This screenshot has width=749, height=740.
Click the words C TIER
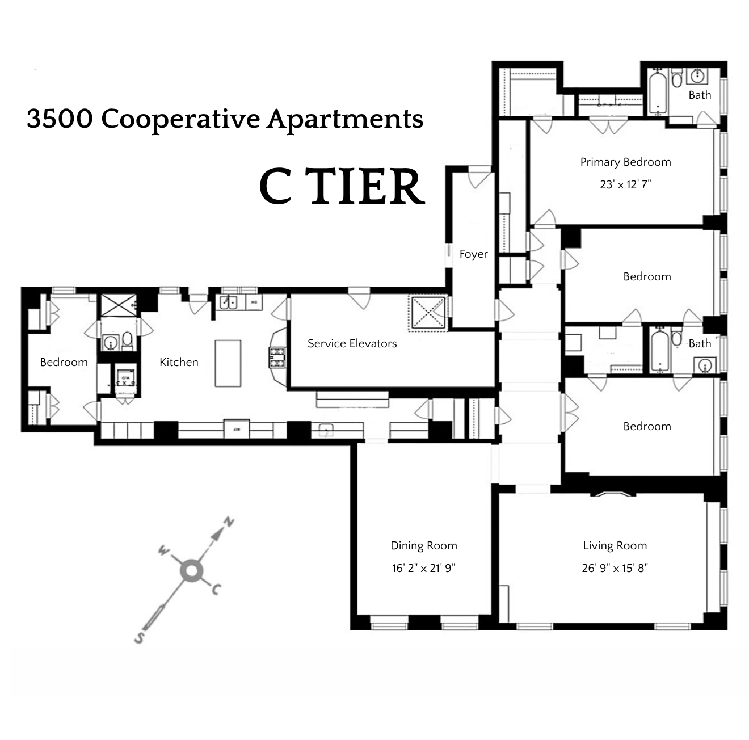click(x=342, y=187)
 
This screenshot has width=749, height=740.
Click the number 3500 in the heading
click(x=60, y=119)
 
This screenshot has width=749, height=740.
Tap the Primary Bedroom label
click(x=625, y=162)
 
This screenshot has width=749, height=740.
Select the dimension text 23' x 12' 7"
click(x=625, y=184)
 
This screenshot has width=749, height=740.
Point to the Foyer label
click(x=473, y=254)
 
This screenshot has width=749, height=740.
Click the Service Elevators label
click(x=352, y=343)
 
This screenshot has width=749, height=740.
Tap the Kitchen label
click(x=179, y=362)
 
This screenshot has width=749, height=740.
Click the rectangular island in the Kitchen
click(x=228, y=363)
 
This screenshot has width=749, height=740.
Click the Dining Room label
click(x=423, y=545)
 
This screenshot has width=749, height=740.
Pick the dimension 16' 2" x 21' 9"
click(x=423, y=568)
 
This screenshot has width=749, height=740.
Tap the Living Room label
click(x=615, y=545)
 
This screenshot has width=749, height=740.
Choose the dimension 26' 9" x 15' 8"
click(x=615, y=568)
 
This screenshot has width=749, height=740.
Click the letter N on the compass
click(x=228, y=522)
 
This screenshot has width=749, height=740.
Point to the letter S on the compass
click(x=138, y=638)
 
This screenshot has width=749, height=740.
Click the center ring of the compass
click(x=191, y=571)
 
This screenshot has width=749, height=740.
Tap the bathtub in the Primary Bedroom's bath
click(x=658, y=93)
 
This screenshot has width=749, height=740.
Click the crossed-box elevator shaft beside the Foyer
click(x=428, y=313)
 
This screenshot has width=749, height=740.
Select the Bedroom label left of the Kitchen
click(x=64, y=362)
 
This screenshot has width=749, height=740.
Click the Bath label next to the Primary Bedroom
click(x=700, y=95)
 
